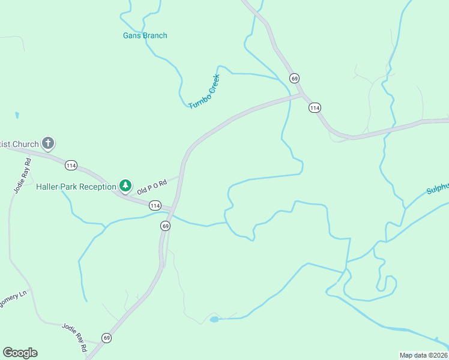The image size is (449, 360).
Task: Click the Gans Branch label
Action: coord(145,35)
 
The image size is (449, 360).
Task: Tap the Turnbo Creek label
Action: coord(205,92)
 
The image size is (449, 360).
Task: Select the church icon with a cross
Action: coord(48,144)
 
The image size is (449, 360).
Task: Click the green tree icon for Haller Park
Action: coord(125,186)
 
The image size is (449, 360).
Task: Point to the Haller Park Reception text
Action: coord(76,187)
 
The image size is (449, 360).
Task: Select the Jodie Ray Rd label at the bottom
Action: coord(74,337)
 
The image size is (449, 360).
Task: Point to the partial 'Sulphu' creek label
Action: coord(437,188)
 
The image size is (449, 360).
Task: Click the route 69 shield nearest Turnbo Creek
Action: coord(294,79)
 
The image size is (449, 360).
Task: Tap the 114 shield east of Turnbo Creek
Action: coord(315,107)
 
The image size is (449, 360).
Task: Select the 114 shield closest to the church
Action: coord(71,165)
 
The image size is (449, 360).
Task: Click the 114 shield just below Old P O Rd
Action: coord(155,206)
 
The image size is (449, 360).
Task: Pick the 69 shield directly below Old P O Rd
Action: coord(166,226)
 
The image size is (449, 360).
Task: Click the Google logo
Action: coord(20,353)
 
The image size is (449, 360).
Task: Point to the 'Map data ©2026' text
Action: coord(423,355)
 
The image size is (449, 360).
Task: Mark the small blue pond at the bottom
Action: coord(214,319)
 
